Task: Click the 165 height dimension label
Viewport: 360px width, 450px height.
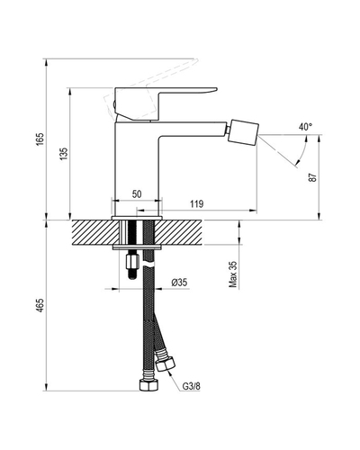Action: pos(40,139)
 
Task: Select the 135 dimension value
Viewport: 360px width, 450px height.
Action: pos(64,154)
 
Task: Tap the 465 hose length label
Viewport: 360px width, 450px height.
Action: pos(40,305)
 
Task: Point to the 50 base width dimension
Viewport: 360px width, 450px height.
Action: pos(137,194)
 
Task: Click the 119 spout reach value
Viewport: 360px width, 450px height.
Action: pos(196,204)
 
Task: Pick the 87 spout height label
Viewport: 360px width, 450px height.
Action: pos(312,177)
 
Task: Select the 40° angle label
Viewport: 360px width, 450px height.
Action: pos(305,127)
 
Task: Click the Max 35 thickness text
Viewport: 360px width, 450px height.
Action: pos(233,274)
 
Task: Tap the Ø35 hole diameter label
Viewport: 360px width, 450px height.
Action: pos(179,283)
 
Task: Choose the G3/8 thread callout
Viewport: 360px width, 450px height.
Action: pos(192,386)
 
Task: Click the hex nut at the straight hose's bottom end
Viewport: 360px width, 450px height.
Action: pos(148,385)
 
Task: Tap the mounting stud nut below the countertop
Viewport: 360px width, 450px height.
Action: pos(132,261)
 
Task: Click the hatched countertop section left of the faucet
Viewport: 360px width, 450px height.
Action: pos(96,233)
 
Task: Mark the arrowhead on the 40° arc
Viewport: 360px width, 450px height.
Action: pos(297,163)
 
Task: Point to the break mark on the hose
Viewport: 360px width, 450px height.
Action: pos(148,264)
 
